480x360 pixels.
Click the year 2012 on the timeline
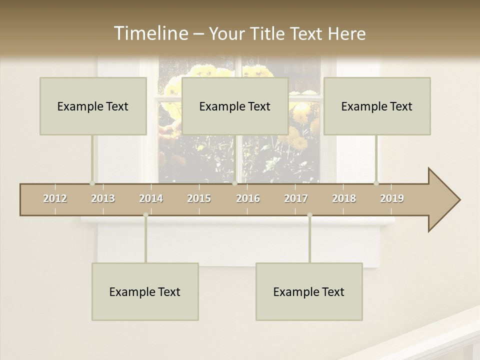[55, 198]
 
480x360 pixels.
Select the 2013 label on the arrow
[103, 198]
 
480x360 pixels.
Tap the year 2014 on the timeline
[151, 198]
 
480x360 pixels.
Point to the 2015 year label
[199, 198]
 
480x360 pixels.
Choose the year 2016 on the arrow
[248, 198]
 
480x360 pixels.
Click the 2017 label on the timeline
[296, 198]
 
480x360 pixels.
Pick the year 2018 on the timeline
[344, 198]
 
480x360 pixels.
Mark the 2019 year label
[392, 198]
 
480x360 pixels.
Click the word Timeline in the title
[150, 33]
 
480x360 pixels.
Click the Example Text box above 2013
[93, 106]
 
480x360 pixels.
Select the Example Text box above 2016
[235, 106]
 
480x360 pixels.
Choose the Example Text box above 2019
[377, 106]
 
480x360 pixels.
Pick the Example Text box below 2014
[145, 291]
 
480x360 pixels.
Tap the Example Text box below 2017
[309, 291]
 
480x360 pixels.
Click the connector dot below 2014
[145, 215]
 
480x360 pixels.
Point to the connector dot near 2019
[376, 183]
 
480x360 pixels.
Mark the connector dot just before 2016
[234, 183]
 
